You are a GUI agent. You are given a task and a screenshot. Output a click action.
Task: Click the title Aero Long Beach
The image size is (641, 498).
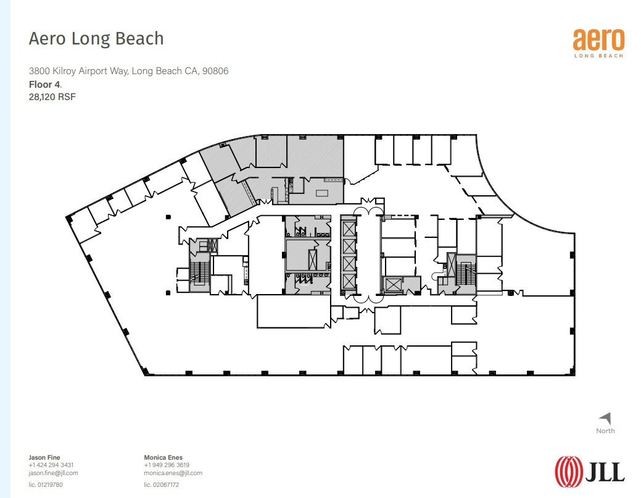pos(96,38)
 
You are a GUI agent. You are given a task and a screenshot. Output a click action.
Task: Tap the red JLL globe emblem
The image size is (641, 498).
pos(568,470)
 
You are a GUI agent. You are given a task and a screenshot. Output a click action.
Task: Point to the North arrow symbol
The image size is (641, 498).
pos(605,418)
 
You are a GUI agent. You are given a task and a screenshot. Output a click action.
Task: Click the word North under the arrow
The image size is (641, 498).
pos(605,431)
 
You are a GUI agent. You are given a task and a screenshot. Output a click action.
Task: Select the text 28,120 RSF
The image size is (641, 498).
pos(52,96)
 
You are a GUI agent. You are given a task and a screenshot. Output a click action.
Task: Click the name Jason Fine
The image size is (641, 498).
pos(44,458)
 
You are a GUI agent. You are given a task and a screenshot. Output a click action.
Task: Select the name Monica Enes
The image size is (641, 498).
pos(163,458)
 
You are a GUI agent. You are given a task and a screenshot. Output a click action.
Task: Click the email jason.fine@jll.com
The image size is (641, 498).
pos(53,473)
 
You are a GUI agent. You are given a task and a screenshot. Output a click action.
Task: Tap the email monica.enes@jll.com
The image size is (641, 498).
pos(173,473)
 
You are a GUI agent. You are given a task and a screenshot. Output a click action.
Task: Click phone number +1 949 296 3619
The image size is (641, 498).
pos(167,465)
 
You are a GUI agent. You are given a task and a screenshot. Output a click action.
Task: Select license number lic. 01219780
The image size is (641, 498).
pos(46,485)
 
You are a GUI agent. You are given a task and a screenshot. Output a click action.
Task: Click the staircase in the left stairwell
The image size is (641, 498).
pos(198,272)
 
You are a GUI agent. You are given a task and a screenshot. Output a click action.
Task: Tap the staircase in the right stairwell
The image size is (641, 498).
pos(466,272)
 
